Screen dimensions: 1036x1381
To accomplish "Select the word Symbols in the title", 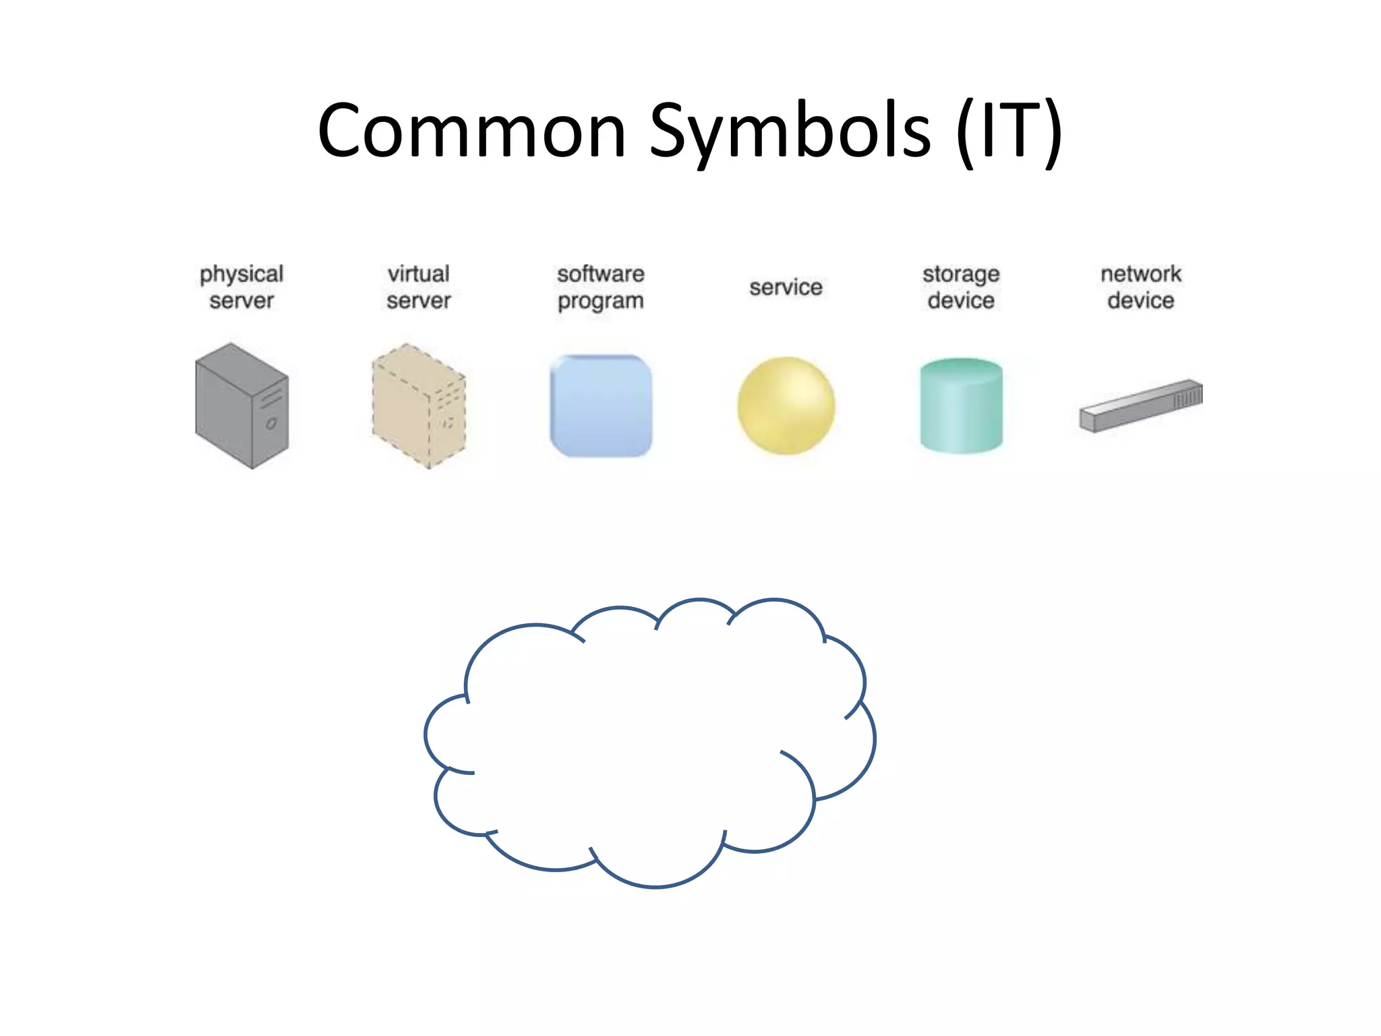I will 789,132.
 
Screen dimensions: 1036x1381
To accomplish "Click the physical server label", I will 241,287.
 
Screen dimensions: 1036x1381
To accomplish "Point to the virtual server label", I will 418,287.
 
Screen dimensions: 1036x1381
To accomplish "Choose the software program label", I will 600,287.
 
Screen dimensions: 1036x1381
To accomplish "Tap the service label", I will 786,287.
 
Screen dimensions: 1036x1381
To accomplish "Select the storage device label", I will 961,287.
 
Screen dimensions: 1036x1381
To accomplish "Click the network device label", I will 1141,287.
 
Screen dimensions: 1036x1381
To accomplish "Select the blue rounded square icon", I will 601,405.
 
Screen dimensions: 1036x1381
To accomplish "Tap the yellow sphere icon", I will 786,405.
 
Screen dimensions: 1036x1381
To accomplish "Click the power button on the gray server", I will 271,424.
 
